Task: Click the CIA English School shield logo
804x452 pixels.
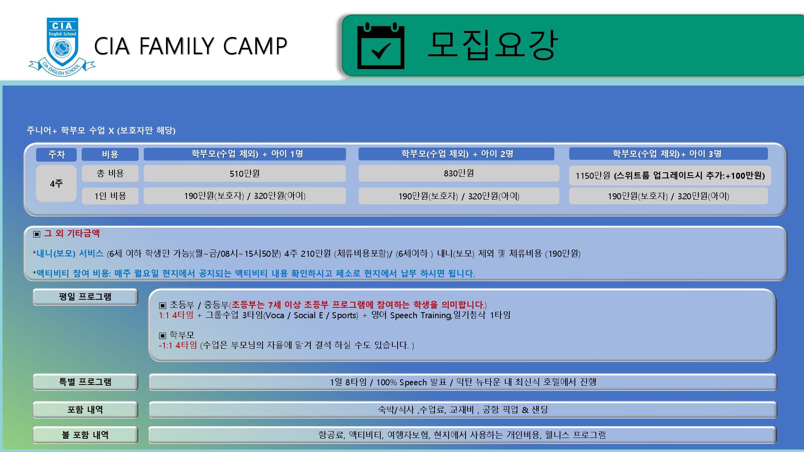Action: coord(62,46)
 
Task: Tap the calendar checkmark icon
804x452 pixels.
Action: coord(381,46)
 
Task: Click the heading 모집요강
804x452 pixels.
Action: coord(493,45)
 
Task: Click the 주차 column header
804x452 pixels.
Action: coord(56,154)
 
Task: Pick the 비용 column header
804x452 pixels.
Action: coord(110,154)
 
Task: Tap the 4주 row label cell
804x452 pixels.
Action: coord(56,184)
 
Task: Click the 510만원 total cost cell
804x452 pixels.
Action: coord(244,174)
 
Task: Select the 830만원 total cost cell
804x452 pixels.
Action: coord(459,173)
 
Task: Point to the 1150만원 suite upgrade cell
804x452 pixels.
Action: coord(670,176)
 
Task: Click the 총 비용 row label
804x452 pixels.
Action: coord(110,174)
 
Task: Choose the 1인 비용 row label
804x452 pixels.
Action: coord(110,196)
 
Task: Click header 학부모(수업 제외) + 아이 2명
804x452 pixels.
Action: coord(457,154)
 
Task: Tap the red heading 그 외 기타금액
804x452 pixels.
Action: coord(72,233)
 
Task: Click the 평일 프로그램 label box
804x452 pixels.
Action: coord(85,297)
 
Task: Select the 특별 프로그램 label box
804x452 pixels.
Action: coord(85,382)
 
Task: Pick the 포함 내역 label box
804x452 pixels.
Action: coord(85,410)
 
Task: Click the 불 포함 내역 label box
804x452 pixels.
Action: coord(85,435)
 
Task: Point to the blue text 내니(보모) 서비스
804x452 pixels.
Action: coord(70,254)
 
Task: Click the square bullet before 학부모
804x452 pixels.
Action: coord(162,335)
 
